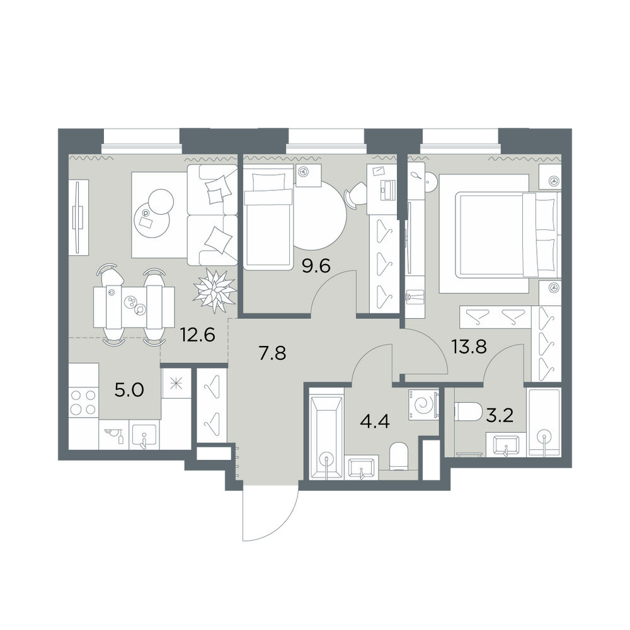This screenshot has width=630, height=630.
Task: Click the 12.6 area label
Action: [x=198, y=335]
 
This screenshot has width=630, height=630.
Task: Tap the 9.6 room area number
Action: [x=316, y=266]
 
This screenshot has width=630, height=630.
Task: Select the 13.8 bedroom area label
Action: [x=469, y=346]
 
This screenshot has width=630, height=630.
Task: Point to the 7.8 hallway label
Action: [x=272, y=354]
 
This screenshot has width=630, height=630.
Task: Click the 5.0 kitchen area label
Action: [x=129, y=390]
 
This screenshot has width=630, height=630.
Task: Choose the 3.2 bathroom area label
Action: [x=500, y=416]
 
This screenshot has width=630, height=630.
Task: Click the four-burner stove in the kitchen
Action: [x=84, y=403]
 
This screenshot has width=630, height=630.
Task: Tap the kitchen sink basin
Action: [x=144, y=435]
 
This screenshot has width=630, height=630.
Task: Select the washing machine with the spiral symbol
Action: [x=424, y=404]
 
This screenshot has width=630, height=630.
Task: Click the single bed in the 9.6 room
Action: [x=268, y=217]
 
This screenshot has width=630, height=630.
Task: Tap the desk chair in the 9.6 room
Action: [x=355, y=195]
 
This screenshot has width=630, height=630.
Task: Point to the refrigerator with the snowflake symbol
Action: [x=176, y=384]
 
